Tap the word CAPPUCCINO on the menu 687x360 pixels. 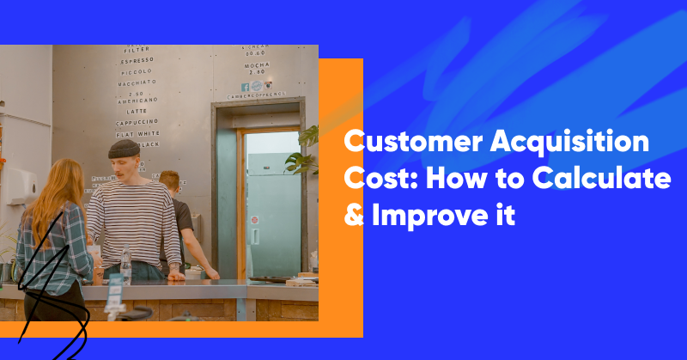(136, 123)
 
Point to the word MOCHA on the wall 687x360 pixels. (255, 64)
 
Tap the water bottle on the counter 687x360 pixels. (126, 268)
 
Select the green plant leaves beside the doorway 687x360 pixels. (305, 150)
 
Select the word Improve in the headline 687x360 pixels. (428, 216)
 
